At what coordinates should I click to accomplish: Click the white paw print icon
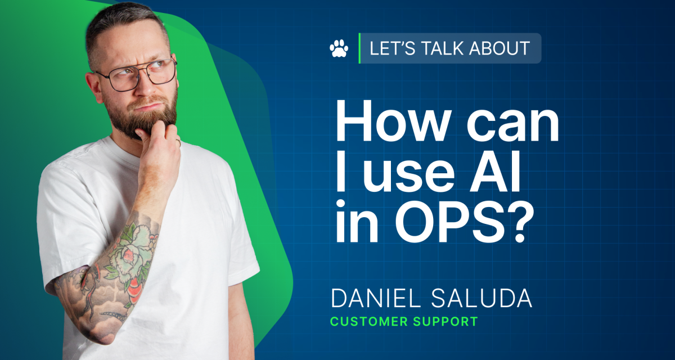click(339, 48)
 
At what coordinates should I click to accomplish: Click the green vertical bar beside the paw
click(359, 48)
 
